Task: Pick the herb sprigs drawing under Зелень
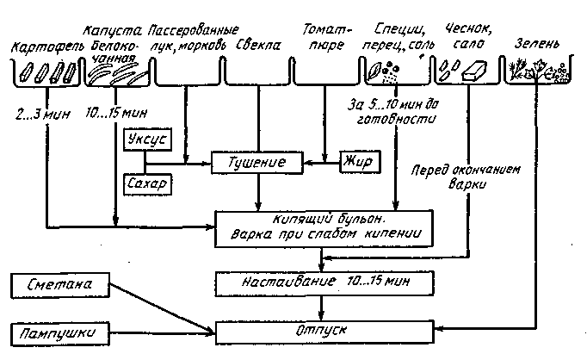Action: [526, 71]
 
